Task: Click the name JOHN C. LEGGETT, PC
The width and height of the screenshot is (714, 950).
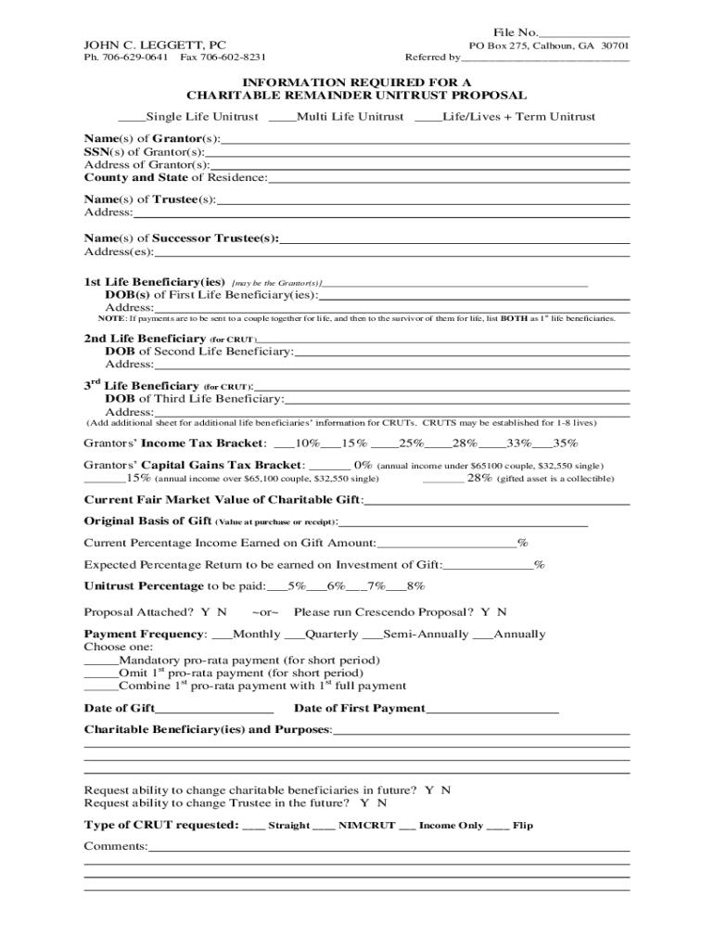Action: point(155,44)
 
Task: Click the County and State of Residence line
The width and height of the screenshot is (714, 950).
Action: point(449,178)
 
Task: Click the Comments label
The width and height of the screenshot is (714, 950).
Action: point(116,846)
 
